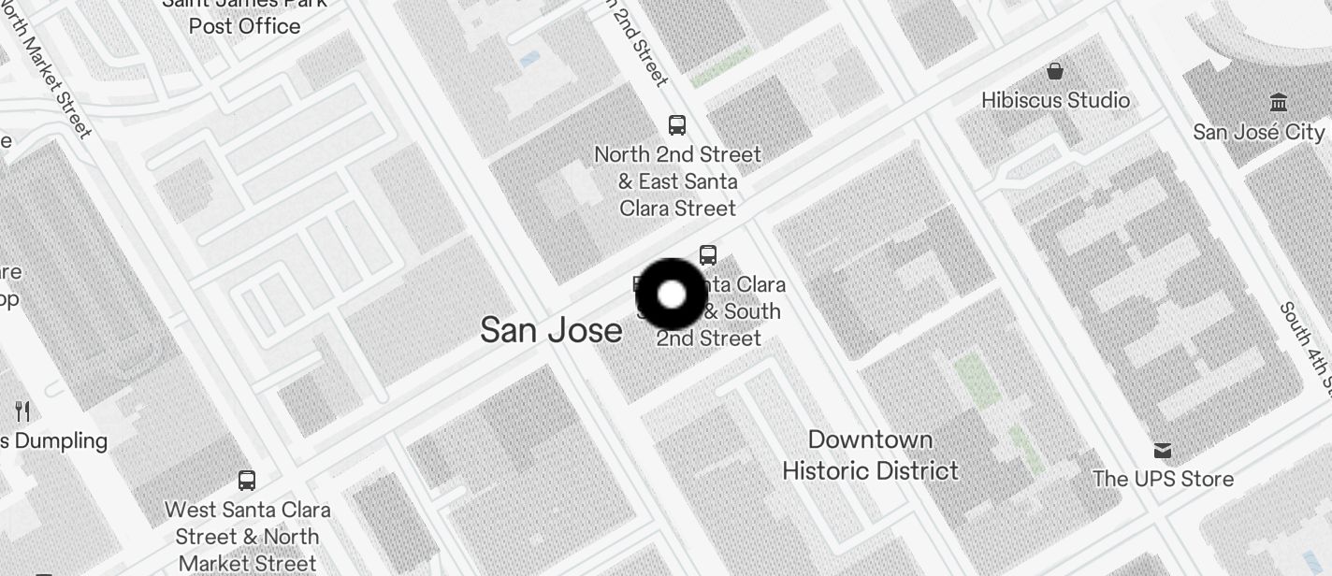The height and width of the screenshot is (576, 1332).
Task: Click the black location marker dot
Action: click(672, 295)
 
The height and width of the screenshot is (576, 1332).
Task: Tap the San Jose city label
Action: click(551, 330)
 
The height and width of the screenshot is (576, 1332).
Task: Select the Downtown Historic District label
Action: click(870, 455)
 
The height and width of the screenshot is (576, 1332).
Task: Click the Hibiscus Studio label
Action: click(1055, 100)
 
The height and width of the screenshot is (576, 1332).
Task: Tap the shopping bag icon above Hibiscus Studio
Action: click(1055, 71)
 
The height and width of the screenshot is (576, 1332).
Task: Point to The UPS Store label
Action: click(1163, 479)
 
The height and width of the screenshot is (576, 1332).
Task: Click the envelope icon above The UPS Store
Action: click(1163, 451)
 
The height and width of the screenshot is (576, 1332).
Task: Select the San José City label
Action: click(1259, 132)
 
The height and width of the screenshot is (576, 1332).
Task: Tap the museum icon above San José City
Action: click(1278, 102)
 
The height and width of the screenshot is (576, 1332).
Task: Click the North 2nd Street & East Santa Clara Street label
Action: click(678, 180)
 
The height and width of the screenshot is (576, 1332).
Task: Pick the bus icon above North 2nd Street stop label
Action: click(677, 124)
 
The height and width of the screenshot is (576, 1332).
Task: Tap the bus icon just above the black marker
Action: click(708, 254)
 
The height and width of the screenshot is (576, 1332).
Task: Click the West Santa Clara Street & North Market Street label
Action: click(248, 537)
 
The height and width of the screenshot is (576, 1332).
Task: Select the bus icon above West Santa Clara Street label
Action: click(247, 481)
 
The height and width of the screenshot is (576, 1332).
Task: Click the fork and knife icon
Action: click(23, 410)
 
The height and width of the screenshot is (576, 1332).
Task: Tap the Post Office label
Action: click(245, 25)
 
